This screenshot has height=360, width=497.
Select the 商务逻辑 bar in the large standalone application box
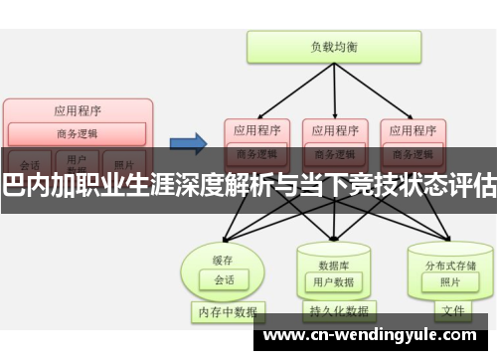[78, 134]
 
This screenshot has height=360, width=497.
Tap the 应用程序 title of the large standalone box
[78, 110]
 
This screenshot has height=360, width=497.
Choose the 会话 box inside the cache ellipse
[224, 253]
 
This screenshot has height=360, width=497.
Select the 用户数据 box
[333, 254]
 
